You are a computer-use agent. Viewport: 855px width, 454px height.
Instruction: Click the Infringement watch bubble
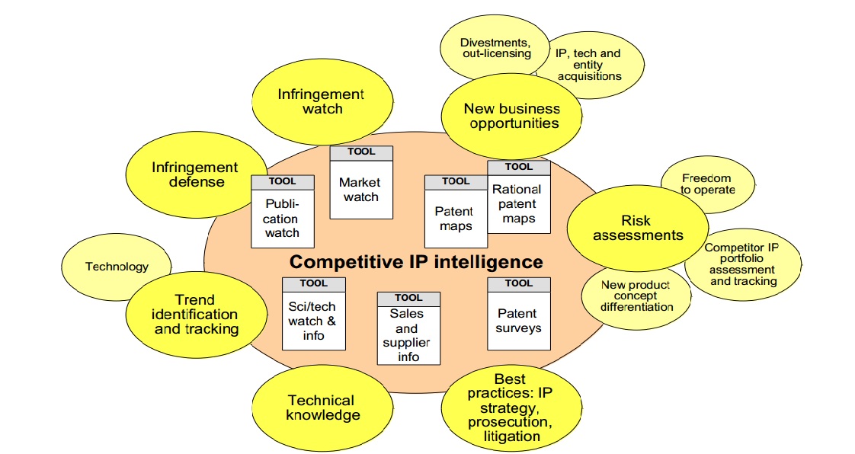coord(321,101)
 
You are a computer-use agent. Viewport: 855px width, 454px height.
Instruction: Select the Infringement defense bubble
coord(187,174)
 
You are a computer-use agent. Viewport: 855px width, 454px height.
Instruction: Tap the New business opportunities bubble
coord(511,116)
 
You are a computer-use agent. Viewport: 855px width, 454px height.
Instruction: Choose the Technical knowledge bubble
coord(321,408)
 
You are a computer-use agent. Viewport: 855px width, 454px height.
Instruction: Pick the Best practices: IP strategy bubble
coord(509,408)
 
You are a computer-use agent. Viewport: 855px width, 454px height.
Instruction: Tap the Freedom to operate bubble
coord(706,184)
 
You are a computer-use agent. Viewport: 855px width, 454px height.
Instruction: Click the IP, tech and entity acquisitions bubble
coord(588,65)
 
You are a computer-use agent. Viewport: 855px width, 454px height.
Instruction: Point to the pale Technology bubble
coord(117,267)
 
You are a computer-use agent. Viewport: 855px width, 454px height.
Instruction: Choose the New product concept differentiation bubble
coord(636,296)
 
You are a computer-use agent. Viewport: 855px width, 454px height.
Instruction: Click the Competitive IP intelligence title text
coord(416,263)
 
